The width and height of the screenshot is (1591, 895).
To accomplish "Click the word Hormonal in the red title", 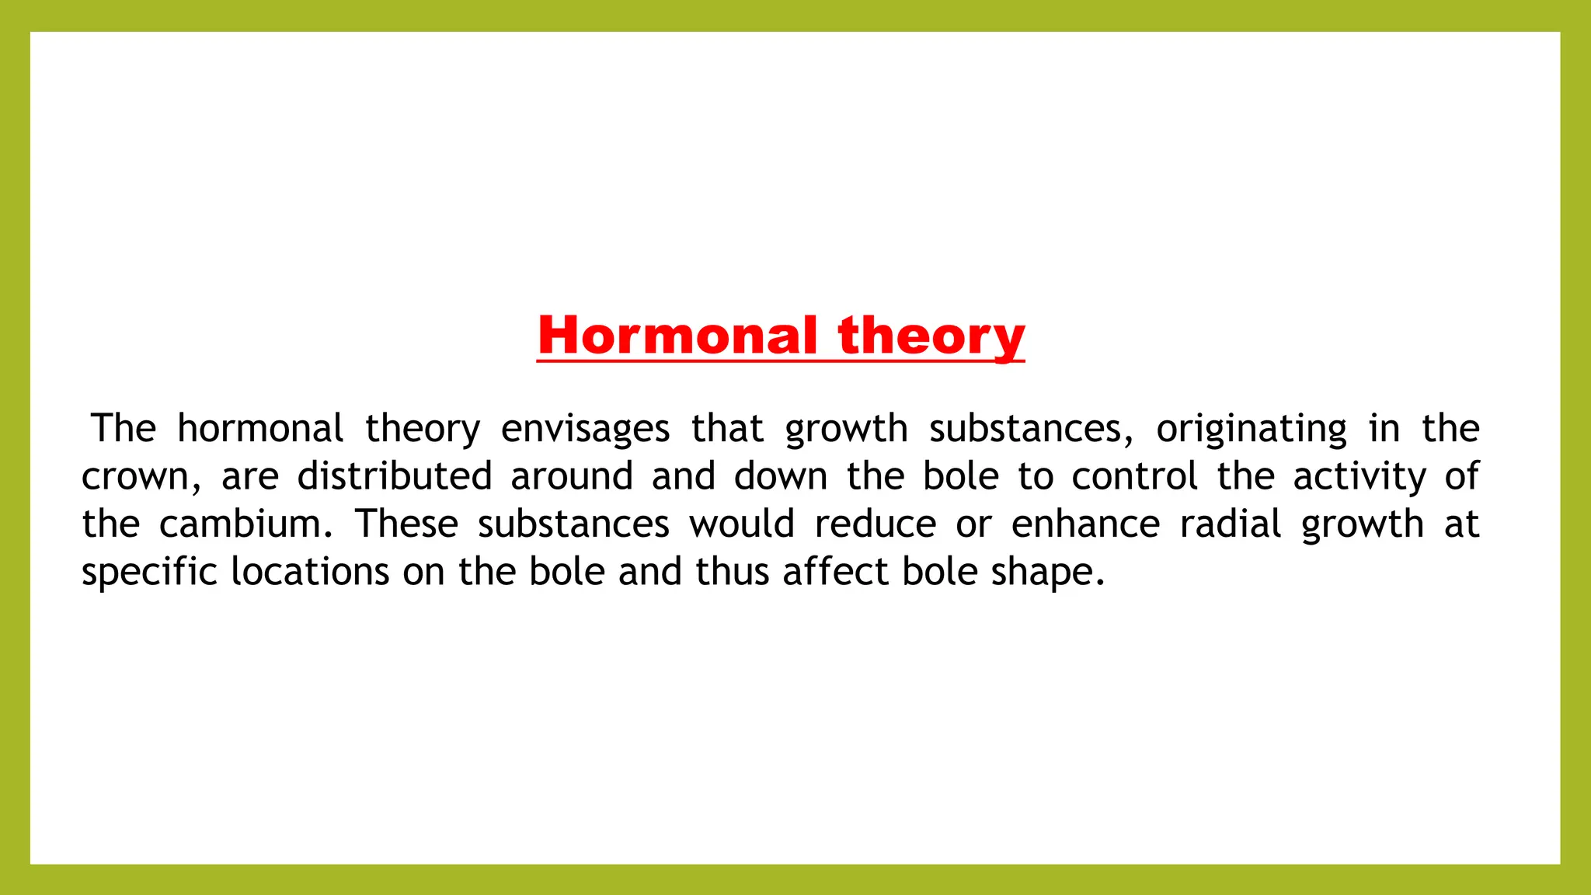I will (x=677, y=336).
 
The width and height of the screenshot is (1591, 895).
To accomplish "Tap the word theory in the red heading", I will (x=931, y=337).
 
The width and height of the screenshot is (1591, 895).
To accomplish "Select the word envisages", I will (x=585, y=429).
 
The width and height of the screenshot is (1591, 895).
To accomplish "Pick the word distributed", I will (x=395, y=476).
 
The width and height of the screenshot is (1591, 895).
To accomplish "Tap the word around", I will (x=572, y=476).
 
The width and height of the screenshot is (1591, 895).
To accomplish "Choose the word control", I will (x=1134, y=476).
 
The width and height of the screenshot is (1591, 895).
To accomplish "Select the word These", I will (x=407, y=524).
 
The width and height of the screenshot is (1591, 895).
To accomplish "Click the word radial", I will (x=1231, y=524).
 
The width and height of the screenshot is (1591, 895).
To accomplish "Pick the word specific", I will (x=149, y=573).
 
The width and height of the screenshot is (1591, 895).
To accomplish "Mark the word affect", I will (x=834, y=572).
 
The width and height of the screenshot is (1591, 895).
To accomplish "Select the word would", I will (x=742, y=524).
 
